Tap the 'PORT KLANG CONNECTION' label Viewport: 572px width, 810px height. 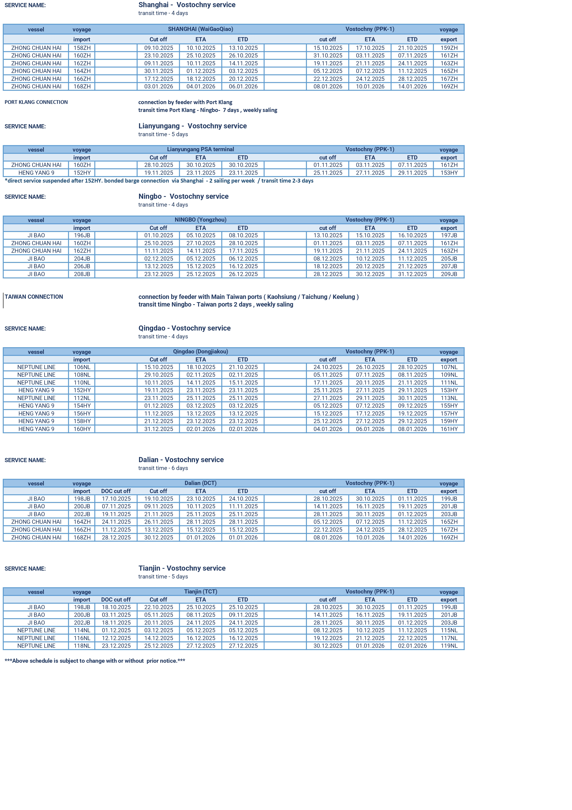[x=36, y=102]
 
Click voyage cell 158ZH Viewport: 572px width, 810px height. [x=82, y=48]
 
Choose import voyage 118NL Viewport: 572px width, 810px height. [x=82, y=646]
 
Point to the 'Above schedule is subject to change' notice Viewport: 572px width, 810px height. [x=95, y=661]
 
